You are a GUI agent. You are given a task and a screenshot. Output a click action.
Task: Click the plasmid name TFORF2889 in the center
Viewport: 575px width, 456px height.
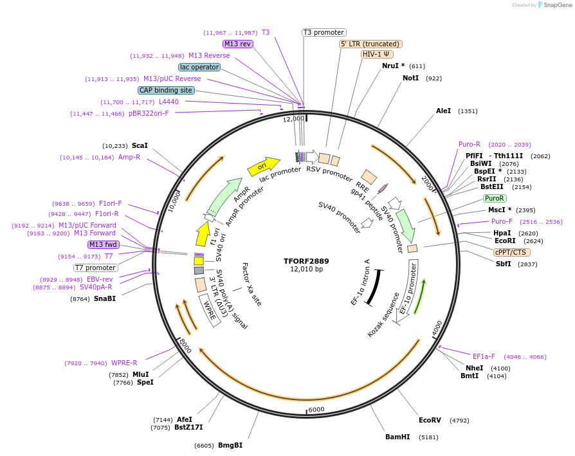pos(306,261)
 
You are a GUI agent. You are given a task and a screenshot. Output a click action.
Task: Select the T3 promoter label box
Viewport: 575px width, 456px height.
pos(324,32)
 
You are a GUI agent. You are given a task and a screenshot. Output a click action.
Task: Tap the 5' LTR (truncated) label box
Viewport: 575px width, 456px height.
pos(370,44)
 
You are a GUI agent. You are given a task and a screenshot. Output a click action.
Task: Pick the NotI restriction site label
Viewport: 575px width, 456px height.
pos(410,78)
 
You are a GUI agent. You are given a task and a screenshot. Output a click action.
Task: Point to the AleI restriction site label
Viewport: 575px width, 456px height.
pos(443,111)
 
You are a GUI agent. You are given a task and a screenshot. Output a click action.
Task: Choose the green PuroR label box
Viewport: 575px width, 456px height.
pos(495,198)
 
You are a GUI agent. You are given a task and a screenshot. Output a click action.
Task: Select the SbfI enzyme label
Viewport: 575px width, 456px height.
pos(503,264)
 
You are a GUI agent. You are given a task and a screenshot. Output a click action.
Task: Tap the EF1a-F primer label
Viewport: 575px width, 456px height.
pos(484,356)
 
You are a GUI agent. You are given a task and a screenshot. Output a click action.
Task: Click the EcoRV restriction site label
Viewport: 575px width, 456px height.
pos(430,420)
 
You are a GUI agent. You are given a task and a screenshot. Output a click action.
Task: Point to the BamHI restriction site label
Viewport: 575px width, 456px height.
pos(397,437)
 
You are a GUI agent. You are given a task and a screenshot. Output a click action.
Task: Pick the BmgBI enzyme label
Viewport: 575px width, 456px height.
pos(230,445)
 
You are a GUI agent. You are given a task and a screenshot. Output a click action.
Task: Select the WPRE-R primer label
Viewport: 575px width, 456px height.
pos(124,363)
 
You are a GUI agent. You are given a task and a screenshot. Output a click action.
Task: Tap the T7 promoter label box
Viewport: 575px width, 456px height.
pos(96,268)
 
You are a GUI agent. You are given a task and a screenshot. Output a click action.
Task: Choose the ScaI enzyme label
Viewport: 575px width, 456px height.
pos(140,145)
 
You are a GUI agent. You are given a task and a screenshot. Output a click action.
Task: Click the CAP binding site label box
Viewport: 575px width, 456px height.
pos(166,90)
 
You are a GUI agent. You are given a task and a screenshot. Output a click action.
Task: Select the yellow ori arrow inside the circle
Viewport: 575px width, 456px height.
pos(264,166)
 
